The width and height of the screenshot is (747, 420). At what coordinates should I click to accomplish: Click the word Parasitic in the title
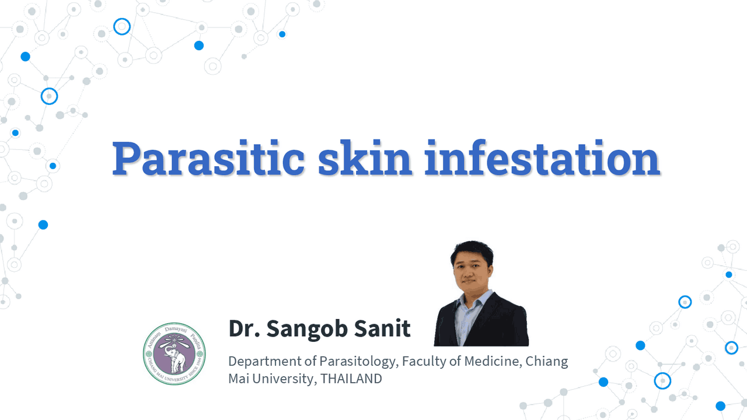[x=208, y=159]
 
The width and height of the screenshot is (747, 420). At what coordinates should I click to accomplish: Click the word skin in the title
[x=365, y=159]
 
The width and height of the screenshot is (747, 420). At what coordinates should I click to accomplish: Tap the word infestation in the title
[x=542, y=159]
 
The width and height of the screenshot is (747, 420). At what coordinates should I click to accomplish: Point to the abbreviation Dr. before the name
[x=243, y=329]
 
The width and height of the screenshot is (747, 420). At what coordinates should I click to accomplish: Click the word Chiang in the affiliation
[x=547, y=361]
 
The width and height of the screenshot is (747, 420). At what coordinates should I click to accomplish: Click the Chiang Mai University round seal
[x=174, y=353]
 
